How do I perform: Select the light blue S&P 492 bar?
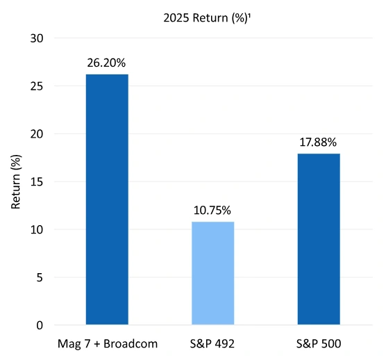pyautogui.click(x=212, y=273)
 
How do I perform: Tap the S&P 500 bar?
pyautogui.click(x=319, y=239)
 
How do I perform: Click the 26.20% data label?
pyautogui.click(x=106, y=63)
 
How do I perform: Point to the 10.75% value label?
pyautogui.click(x=212, y=211)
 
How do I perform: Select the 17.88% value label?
pyautogui.click(x=319, y=142)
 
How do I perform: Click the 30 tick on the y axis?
pyautogui.click(x=38, y=38)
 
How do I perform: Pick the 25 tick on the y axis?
pyautogui.click(x=38, y=86)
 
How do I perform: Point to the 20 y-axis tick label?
pyautogui.click(x=38, y=134)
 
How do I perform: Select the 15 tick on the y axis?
pyautogui.click(x=38, y=182)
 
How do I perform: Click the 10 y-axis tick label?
pyautogui.click(x=38, y=229)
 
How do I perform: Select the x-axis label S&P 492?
pyautogui.click(x=212, y=343)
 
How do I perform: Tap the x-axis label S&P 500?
pyautogui.click(x=319, y=343)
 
